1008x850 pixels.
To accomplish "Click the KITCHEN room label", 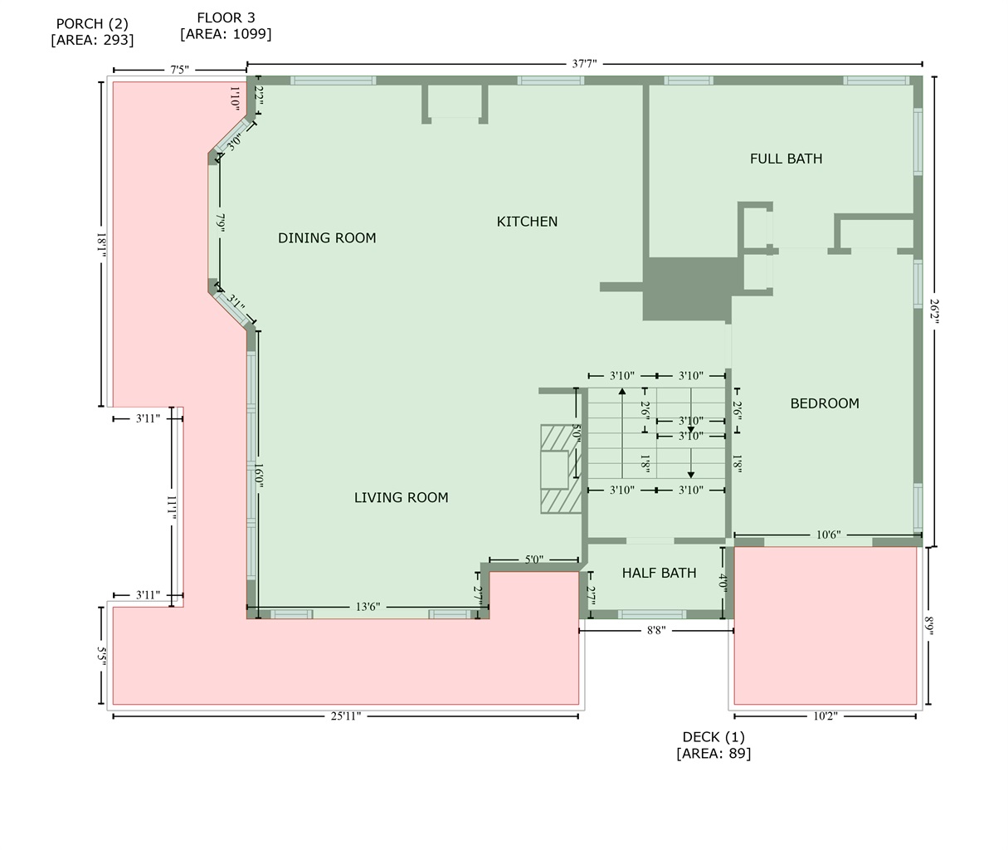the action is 527,222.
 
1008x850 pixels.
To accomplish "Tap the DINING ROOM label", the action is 327,238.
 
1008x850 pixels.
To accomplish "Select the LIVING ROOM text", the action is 402,497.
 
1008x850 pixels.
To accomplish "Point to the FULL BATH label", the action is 786,159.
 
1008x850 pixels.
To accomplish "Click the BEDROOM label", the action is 825,403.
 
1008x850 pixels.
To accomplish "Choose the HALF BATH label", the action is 659,574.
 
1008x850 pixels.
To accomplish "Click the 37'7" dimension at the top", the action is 585,64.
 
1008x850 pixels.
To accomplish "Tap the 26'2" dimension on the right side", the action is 935,311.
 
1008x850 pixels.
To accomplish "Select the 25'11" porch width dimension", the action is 346,716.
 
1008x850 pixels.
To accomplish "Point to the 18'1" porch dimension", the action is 101,246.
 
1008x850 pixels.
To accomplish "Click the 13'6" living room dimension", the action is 368,607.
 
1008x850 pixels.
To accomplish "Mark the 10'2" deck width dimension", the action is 825,716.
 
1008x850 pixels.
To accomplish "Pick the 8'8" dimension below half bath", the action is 656,631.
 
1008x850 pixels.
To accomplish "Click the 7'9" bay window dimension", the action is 220,223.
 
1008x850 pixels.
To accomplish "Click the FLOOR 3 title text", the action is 226,18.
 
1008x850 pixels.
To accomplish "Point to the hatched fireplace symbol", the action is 560,469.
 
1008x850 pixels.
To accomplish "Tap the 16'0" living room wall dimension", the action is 259,476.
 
